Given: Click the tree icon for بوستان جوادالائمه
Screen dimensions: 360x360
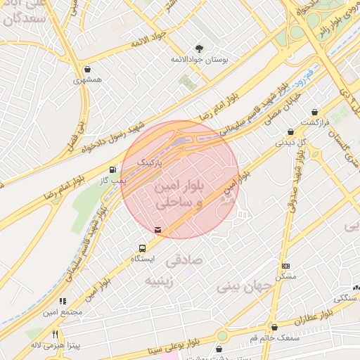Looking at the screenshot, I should [x=200, y=48].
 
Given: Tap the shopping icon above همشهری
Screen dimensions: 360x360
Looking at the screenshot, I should [x=87, y=70].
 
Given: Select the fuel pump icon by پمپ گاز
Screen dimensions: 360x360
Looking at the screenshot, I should [x=112, y=169].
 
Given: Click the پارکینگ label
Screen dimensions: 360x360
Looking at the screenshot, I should [x=150, y=162].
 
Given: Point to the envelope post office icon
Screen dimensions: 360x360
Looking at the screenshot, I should [x=157, y=229].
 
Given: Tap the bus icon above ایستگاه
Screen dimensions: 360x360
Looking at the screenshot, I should [x=143, y=248].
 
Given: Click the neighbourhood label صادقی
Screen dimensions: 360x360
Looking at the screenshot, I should [x=184, y=261].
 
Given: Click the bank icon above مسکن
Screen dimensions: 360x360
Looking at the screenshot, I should [x=285, y=266].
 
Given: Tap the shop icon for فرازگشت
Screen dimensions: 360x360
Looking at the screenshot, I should [x=314, y=112].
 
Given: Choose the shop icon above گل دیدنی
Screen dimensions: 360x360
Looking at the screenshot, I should [x=290, y=131].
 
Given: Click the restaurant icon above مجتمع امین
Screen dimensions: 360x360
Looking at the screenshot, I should [x=63, y=301].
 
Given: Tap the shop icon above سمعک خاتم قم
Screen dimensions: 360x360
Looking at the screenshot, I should [x=274, y=327].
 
